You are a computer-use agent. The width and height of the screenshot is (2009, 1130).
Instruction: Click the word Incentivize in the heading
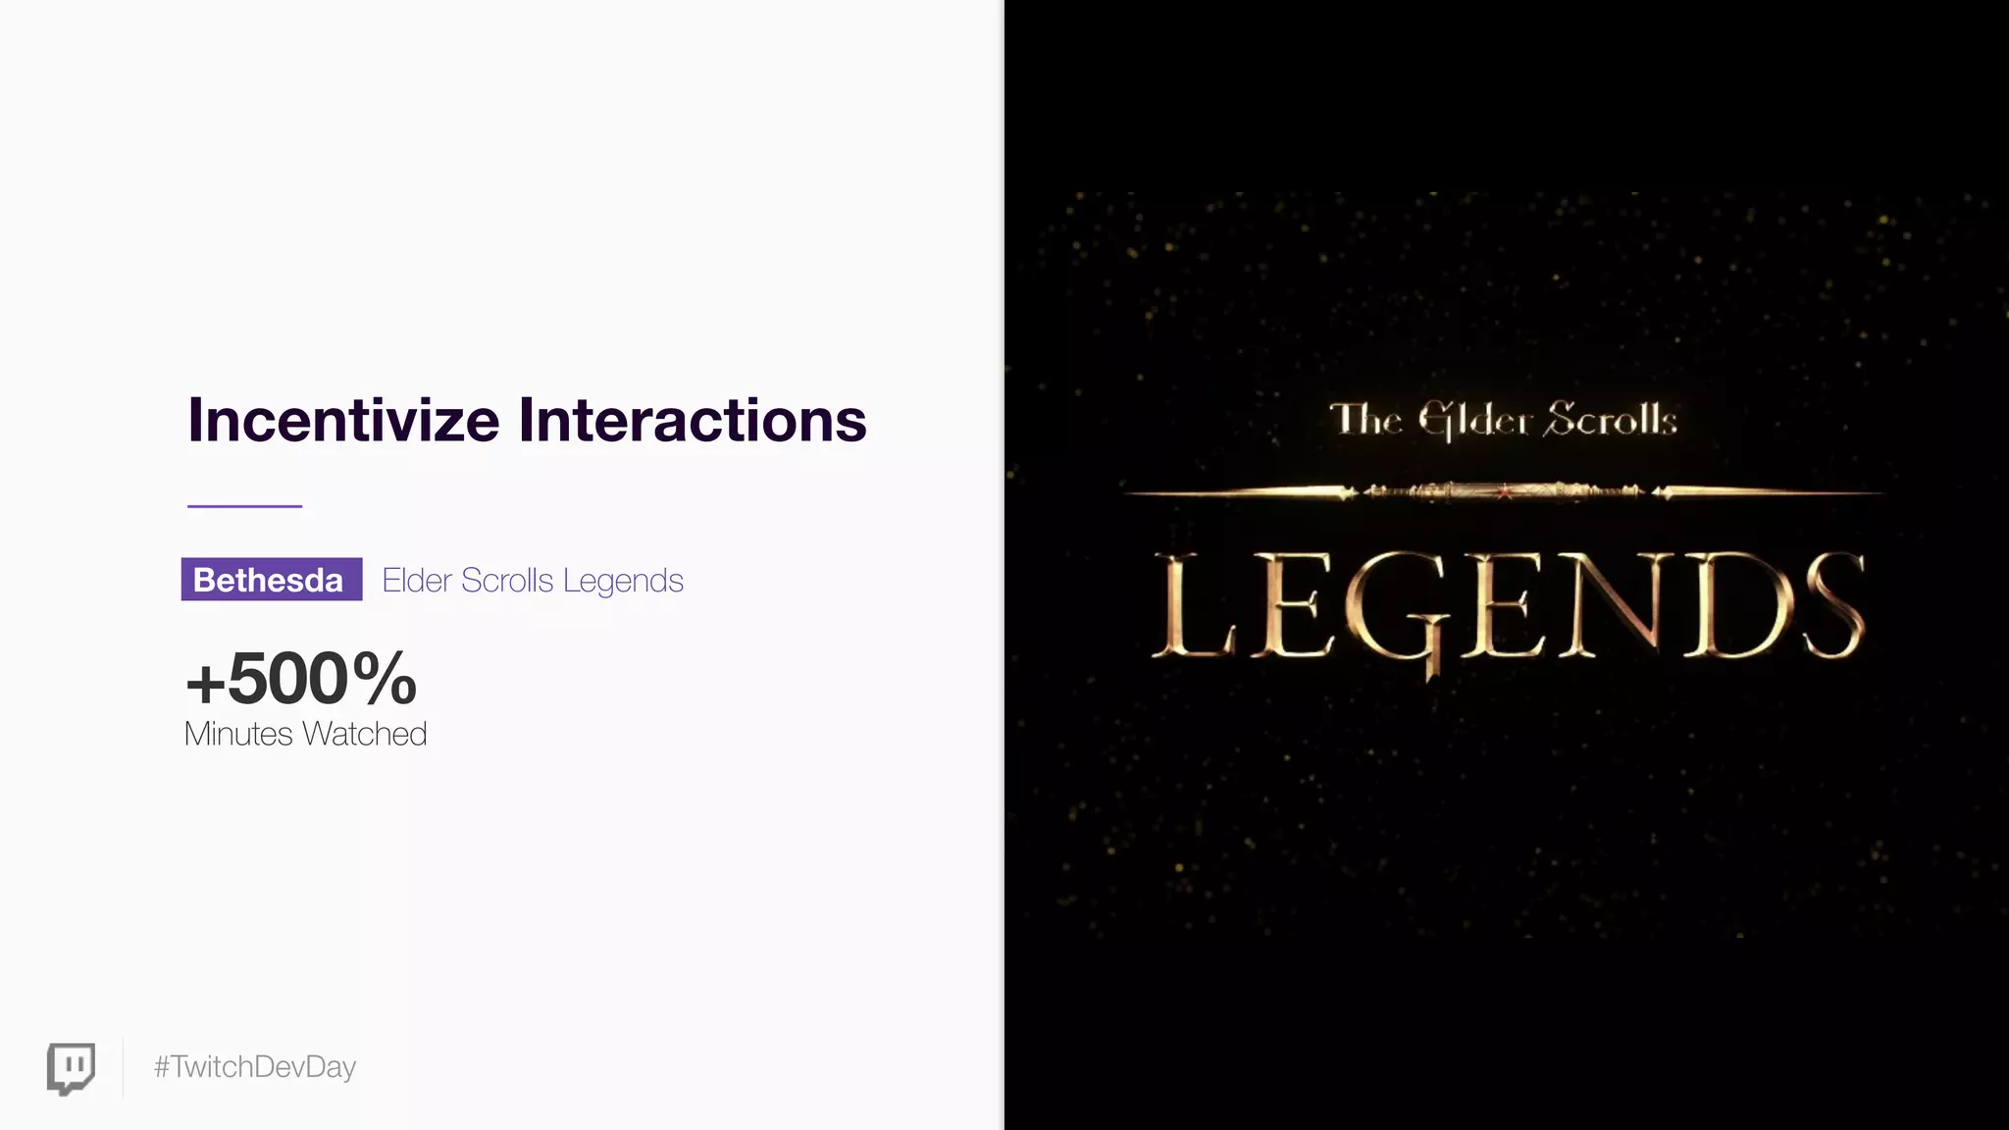click(x=343, y=421)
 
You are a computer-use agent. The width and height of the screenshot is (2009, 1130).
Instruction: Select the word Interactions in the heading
click(x=693, y=421)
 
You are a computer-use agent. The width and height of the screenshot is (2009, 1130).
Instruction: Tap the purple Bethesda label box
click(x=272, y=580)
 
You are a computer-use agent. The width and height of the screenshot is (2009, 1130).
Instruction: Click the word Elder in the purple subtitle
click(x=417, y=580)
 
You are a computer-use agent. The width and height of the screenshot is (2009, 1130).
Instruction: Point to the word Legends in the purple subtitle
click(x=623, y=581)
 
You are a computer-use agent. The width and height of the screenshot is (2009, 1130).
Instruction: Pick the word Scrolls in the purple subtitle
click(x=507, y=580)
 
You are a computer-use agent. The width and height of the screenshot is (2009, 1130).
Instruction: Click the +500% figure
click(x=301, y=678)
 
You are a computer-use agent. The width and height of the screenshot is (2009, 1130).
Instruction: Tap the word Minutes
click(x=238, y=734)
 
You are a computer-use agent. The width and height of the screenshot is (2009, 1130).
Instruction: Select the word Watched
click(x=365, y=734)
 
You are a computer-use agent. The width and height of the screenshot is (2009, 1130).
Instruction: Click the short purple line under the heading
click(x=244, y=506)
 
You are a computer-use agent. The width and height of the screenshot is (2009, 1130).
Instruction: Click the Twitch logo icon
click(x=72, y=1067)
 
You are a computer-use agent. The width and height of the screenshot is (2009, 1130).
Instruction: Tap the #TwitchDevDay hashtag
click(x=255, y=1067)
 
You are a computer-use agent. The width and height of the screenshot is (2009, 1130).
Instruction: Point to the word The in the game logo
click(x=1365, y=420)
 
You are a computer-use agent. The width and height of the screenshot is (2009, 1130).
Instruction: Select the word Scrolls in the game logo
click(x=1610, y=420)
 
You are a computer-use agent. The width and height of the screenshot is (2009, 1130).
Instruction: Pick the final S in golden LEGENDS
click(x=1832, y=606)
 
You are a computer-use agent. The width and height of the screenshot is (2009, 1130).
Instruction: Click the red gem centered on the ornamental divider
click(x=1505, y=492)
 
